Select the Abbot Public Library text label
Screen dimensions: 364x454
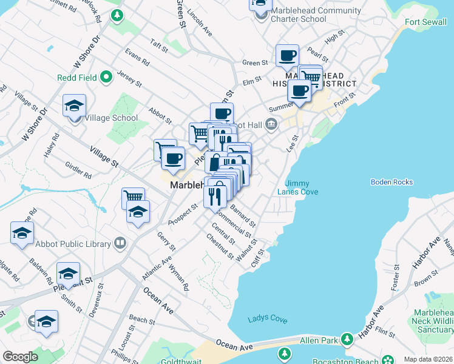[82, 244]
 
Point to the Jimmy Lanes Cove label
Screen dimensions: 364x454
[297, 187]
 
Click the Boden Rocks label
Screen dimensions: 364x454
[391, 182]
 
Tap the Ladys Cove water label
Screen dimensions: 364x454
[267, 319]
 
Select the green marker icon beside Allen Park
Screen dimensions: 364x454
[347, 339]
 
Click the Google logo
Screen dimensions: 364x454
[20, 357]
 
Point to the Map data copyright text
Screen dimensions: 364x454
[429, 359]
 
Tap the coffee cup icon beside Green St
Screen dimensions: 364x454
[287, 56]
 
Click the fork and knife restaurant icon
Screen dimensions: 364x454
[215, 197]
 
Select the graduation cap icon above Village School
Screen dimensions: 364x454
[74, 106]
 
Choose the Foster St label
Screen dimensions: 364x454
[397, 277]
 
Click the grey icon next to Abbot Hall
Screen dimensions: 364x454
[271, 126]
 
